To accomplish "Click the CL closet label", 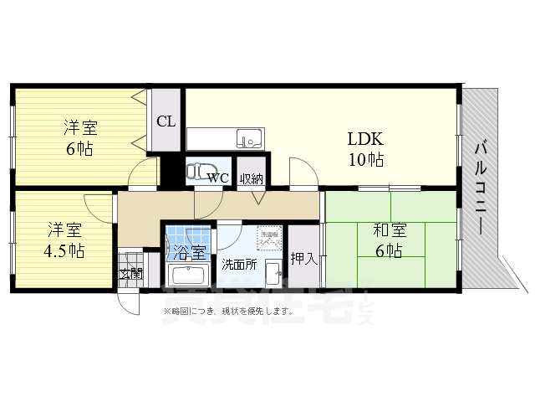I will click(x=166, y=121).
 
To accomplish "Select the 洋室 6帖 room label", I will click(x=81, y=139).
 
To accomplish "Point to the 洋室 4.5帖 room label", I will click(x=65, y=239).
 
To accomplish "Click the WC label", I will click(x=218, y=178).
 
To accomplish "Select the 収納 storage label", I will click(x=251, y=178).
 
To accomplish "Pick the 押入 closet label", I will click(x=303, y=258).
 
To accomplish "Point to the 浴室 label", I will click(x=187, y=250).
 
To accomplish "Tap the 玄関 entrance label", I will click(x=130, y=273).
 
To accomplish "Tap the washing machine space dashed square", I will click(x=269, y=238).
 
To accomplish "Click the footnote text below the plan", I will click(x=228, y=312).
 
